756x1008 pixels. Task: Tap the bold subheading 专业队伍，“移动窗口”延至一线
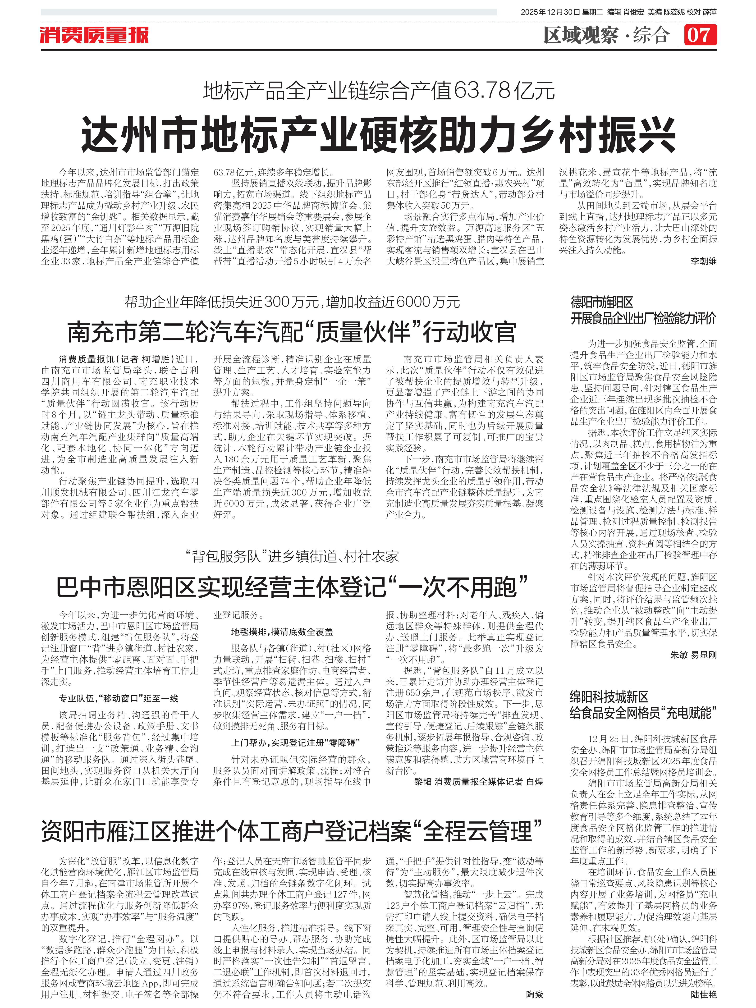click(118, 698)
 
